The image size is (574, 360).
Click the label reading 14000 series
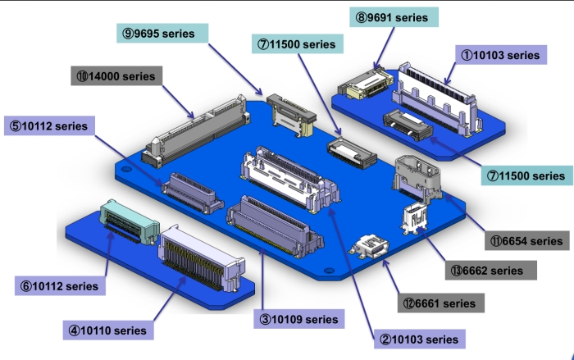click(x=116, y=76)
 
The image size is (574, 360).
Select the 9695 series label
click(x=162, y=34)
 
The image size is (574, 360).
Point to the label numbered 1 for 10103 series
click(x=499, y=56)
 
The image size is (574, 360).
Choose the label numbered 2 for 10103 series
click(x=418, y=338)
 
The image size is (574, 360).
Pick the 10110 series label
click(x=107, y=330)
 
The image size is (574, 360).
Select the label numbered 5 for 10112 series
click(x=48, y=127)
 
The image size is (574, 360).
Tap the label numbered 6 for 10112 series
click(x=60, y=286)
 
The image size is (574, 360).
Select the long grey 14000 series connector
click(x=197, y=127)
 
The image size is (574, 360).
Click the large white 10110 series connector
click(x=201, y=257)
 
